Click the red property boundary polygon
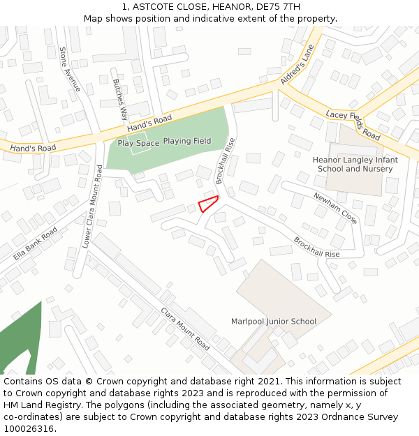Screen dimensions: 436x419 [208, 204]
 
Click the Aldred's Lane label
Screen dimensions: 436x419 [298, 65]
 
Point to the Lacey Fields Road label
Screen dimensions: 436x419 [353, 124]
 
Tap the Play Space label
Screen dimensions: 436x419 [138, 143]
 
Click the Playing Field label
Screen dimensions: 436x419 [187, 141]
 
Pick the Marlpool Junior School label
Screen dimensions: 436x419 [274, 322]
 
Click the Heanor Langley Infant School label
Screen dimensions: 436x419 [355, 164]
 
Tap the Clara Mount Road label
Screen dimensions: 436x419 [185, 329]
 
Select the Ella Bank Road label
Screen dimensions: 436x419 [36, 243]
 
